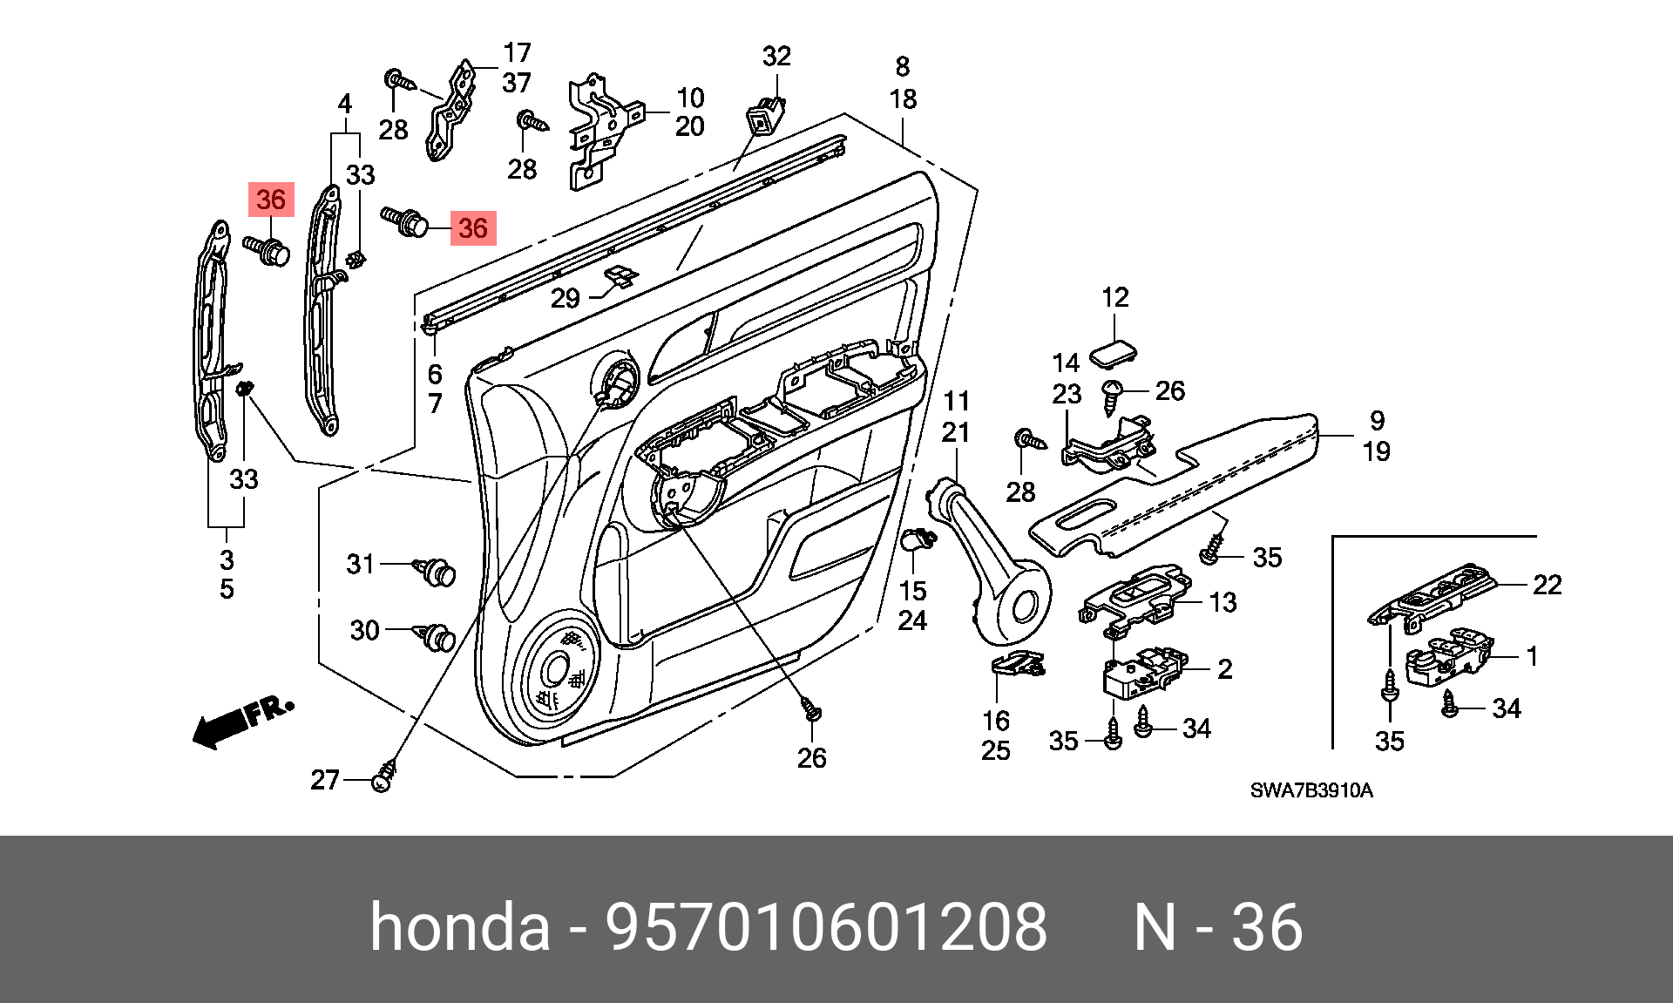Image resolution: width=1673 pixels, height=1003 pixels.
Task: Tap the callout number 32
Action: click(776, 57)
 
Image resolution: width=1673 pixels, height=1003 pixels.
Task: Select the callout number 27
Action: click(325, 780)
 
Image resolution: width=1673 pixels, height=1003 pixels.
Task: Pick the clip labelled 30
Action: click(437, 637)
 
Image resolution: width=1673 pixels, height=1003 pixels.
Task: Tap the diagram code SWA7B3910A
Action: click(1311, 791)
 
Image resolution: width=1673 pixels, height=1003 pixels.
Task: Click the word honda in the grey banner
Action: click(460, 926)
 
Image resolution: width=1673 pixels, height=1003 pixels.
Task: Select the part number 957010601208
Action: click(826, 926)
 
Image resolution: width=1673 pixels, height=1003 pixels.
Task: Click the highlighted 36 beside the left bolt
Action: click(271, 200)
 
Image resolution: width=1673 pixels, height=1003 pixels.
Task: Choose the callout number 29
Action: click(566, 299)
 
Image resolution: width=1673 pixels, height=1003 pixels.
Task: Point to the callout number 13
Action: click(1223, 602)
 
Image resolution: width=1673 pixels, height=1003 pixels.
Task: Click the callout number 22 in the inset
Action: click(1548, 585)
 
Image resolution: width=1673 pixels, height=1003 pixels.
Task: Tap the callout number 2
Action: click(1225, 669)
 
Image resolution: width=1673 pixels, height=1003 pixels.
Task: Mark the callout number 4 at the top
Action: click(345, 105)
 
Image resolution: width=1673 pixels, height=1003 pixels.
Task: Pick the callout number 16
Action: click(996, 721)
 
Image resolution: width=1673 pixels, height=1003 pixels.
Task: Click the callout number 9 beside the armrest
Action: click(1377, 420)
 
